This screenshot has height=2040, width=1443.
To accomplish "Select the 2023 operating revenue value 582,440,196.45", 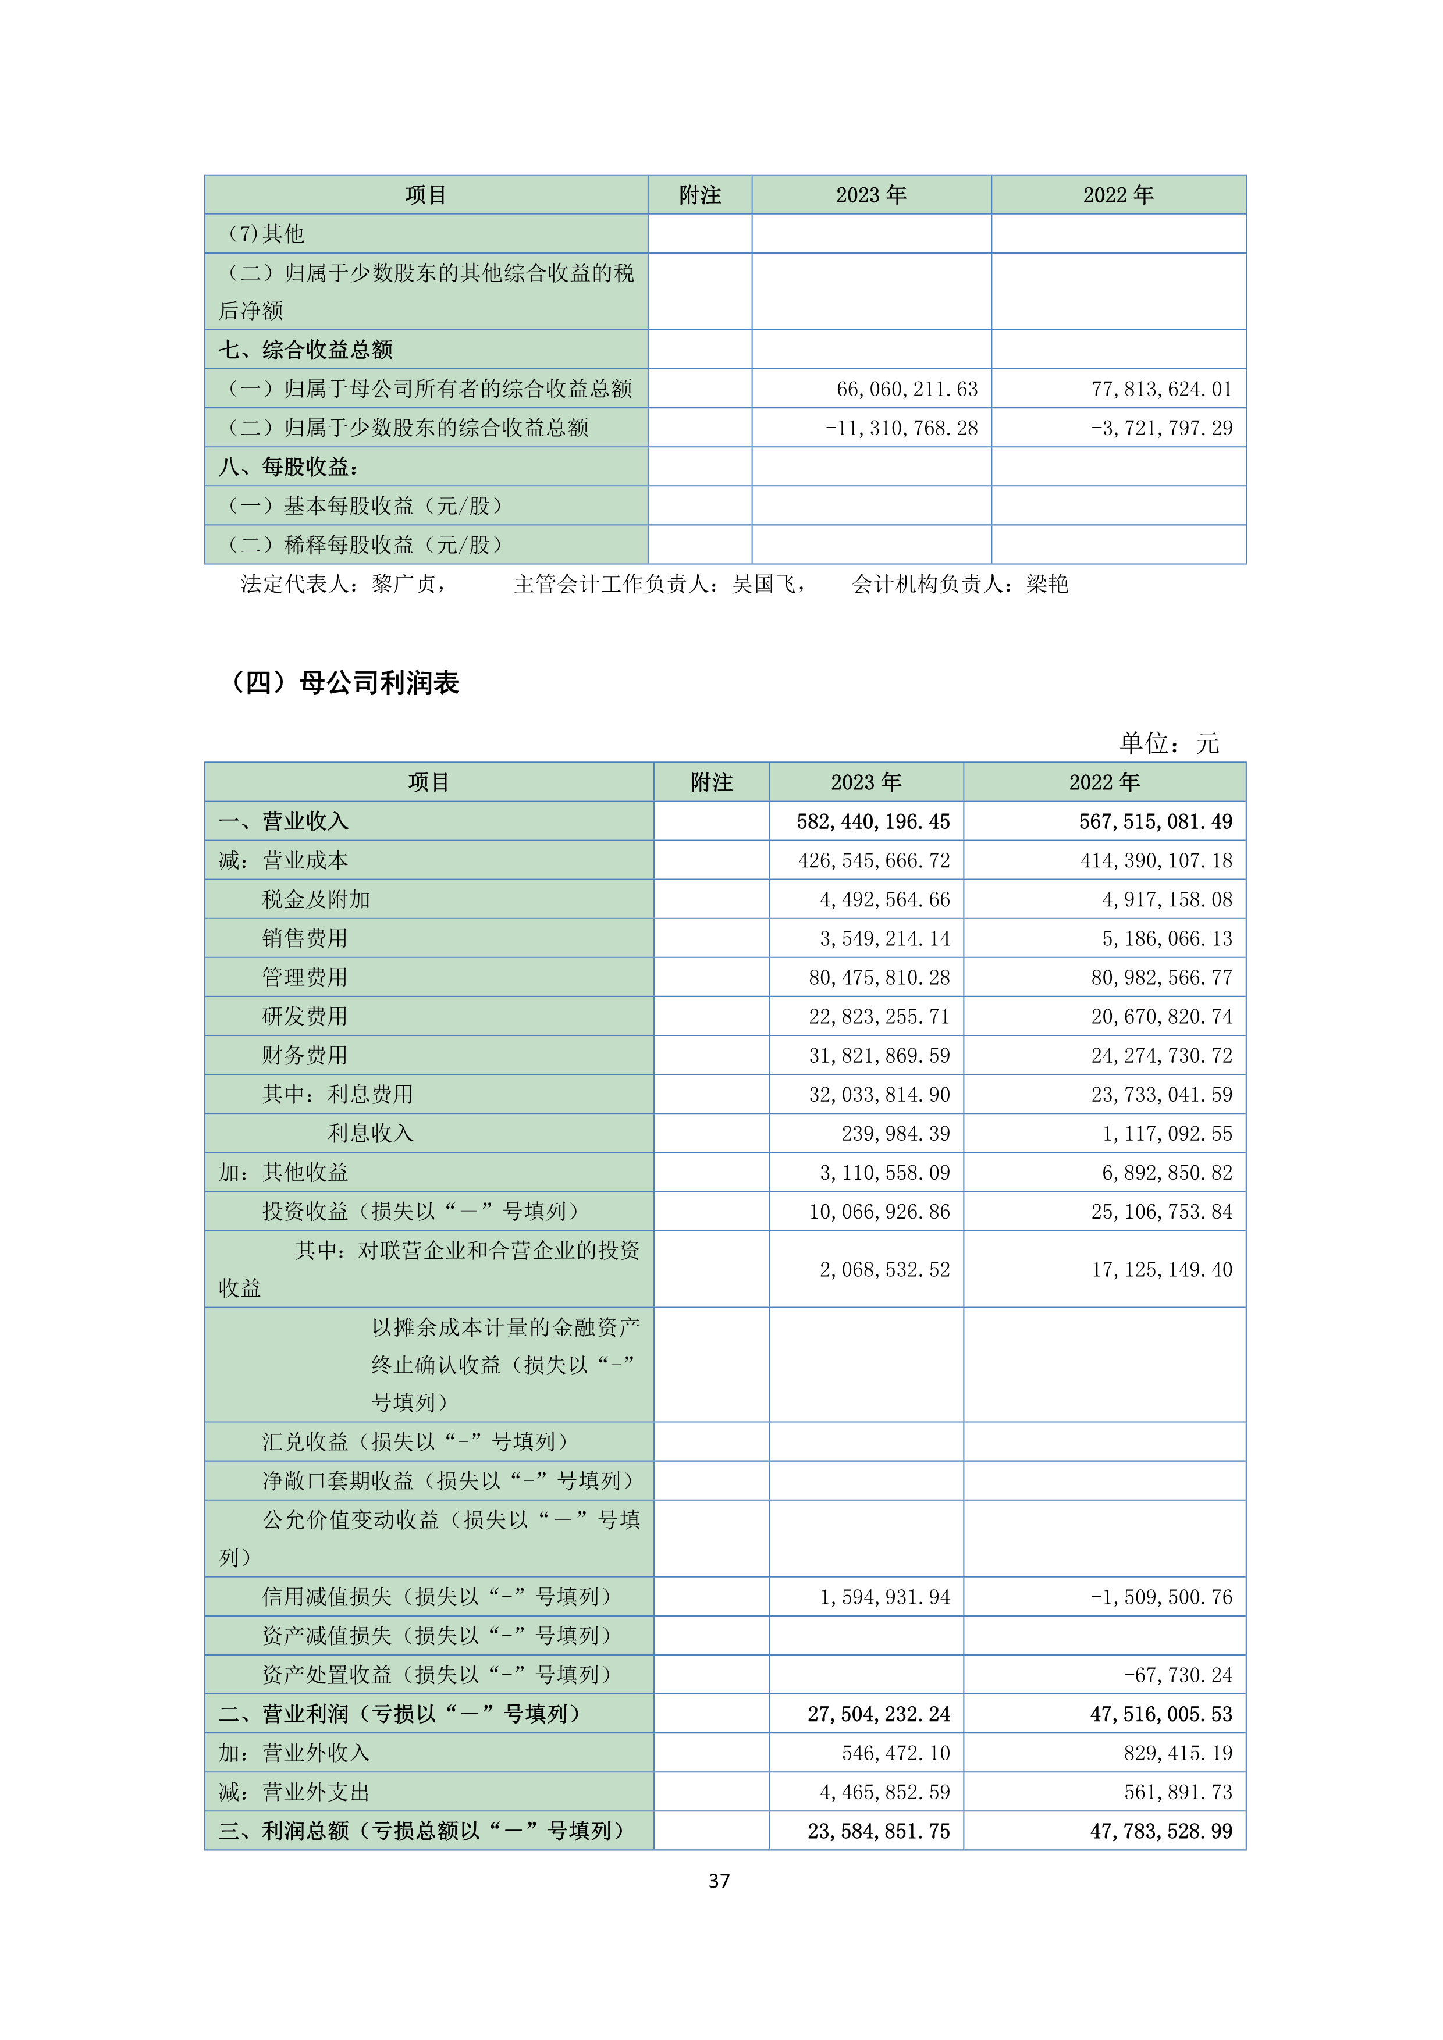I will [873, 822].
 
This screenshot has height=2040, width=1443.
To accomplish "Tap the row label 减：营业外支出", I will [293, 1793].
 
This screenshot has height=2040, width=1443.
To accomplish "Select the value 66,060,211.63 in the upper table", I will [907, 389].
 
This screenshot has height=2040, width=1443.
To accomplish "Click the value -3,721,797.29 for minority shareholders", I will [1161, 428].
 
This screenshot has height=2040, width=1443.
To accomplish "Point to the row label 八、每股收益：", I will [288, 467].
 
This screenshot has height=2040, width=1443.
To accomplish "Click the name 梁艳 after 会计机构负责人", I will [1047, 585].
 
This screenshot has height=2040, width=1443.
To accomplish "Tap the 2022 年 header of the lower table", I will [1104, 783].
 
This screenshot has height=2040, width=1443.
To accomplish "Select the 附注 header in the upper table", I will [699, 195].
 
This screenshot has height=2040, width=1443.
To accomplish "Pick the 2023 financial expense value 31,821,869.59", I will [879, 1056].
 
